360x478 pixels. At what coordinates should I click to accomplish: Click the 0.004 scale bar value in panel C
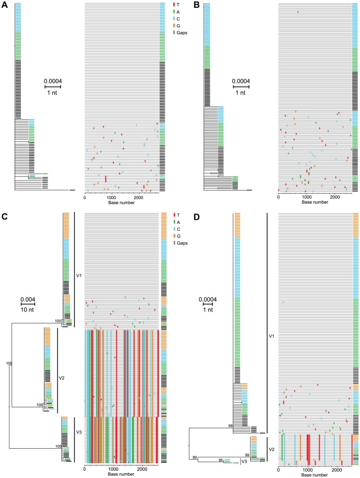28,300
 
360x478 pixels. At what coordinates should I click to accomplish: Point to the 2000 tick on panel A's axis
139,197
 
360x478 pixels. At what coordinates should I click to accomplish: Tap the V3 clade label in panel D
244,461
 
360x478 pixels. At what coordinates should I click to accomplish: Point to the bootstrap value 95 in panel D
221,459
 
